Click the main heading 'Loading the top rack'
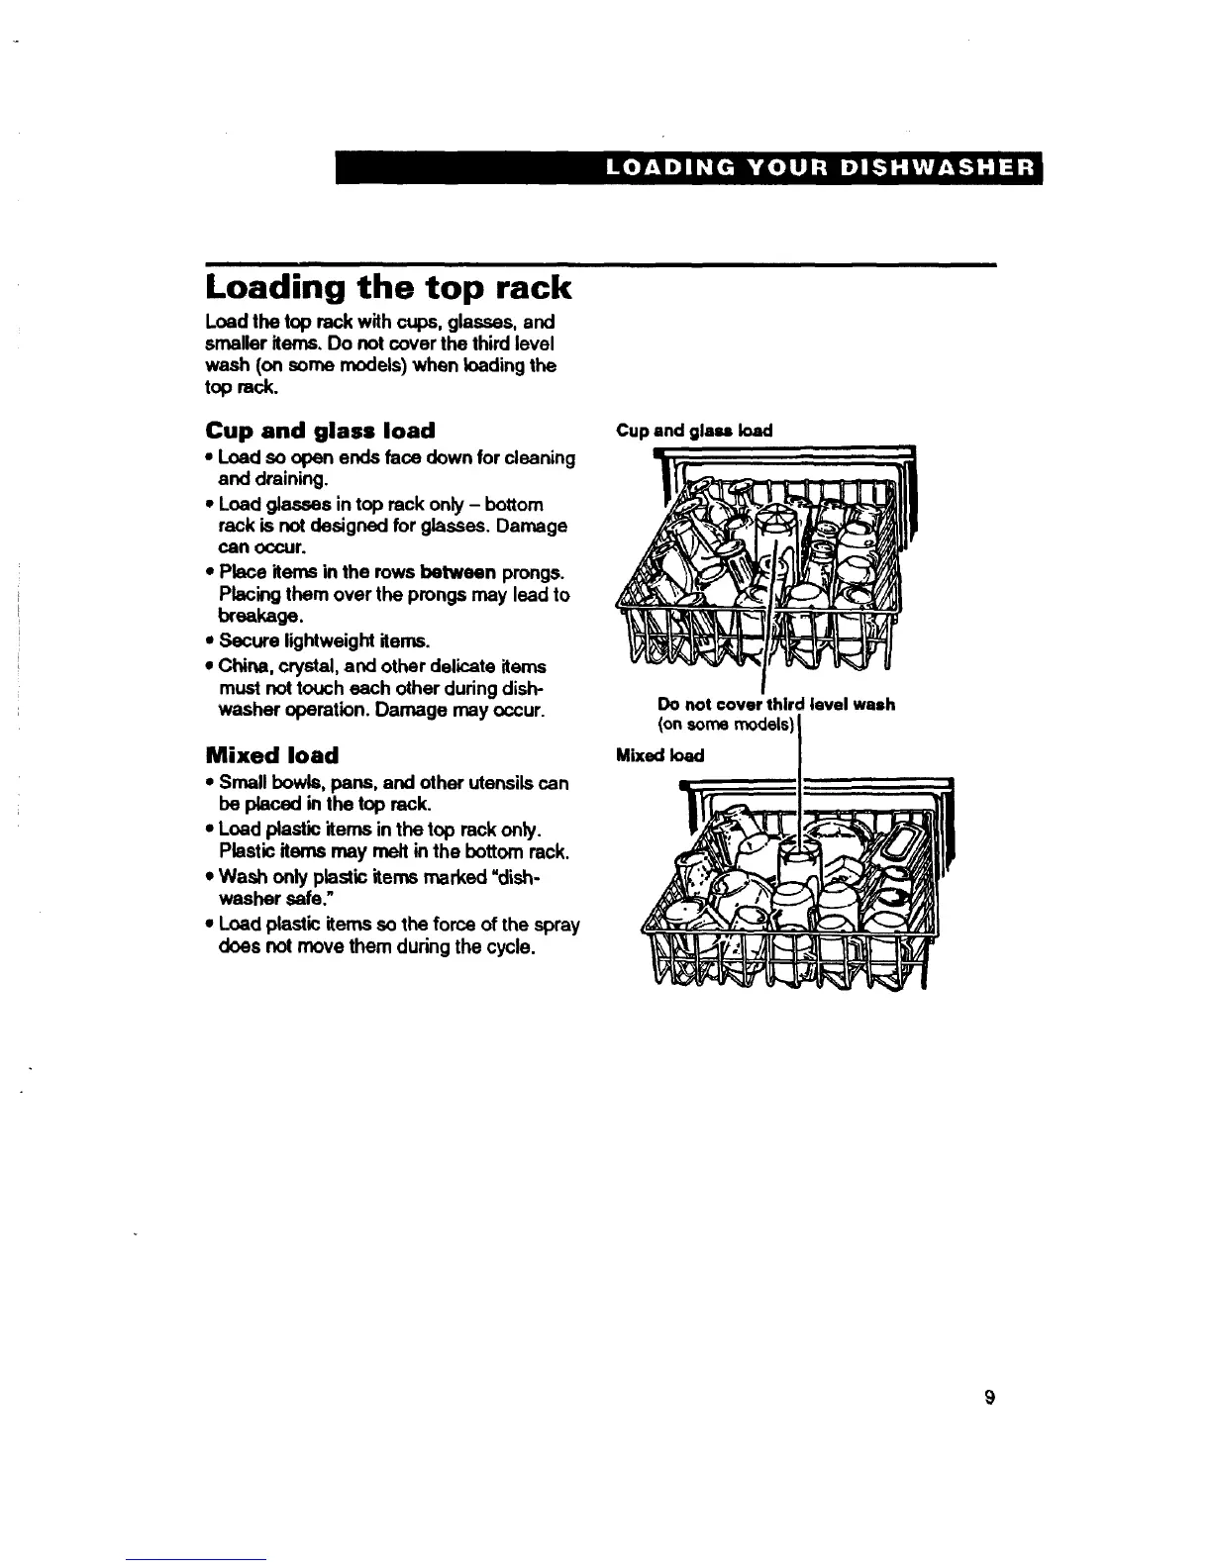click(x=388, y=288)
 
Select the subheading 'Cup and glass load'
click(x=320, y=431)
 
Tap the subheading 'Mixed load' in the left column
click(x=271, y=755)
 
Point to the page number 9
click(x=988, y=1398)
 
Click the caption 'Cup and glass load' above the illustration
click(x=693, y=431)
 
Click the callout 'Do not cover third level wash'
click(x=776, y=705)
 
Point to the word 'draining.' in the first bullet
click(x=262, y=480)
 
